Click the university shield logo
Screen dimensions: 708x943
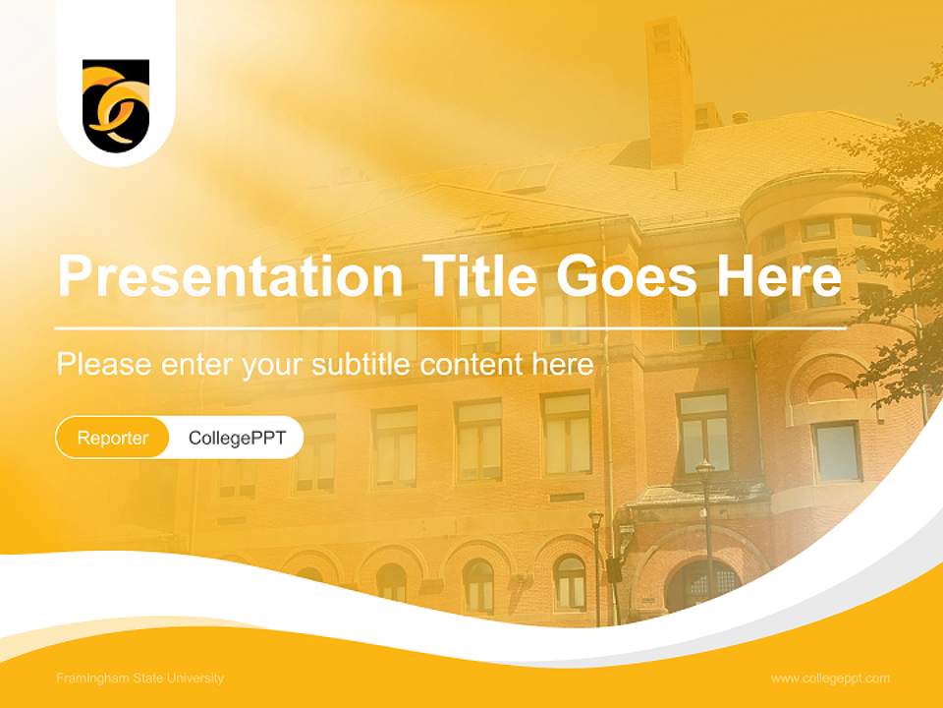coord(116,105)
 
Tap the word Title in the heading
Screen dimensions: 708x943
coord(472,276)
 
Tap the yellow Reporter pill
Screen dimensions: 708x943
coord(113,438)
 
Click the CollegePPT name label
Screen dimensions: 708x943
coord(237,438)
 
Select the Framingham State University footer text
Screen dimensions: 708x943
coord(140,678)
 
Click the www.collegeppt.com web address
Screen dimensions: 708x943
coord(830,678)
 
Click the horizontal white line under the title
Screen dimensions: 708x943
coord(450,327)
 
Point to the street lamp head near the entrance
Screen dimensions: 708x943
coord(705,468)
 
